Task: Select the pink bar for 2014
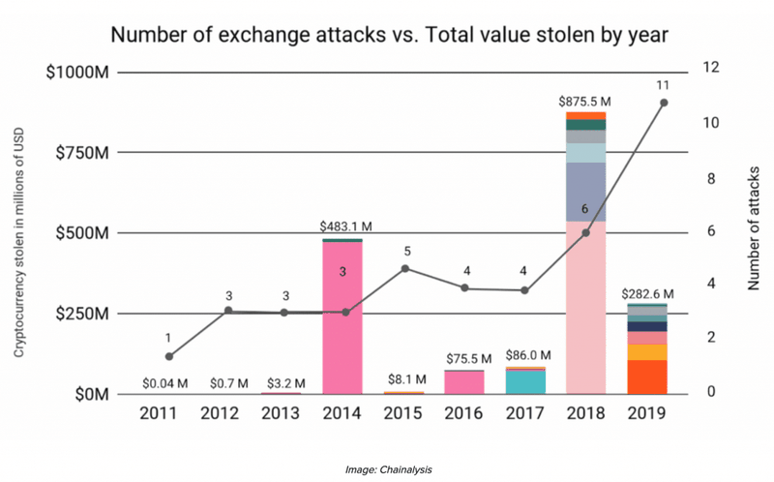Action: [x=342, y=319]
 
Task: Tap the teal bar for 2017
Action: [x=525, y=381]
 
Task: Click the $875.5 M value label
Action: [x=585, y=101]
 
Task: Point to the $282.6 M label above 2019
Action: [x=646, y=292]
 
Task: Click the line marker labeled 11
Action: [x=664, y=103]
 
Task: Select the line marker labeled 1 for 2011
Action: [x=169, y=357]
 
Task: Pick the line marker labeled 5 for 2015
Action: [x=405, y=268]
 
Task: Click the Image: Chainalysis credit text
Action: [x=387, y=469]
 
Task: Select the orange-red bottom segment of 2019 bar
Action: [x=646, y=377]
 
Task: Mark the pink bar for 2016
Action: [x=464, y=382]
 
